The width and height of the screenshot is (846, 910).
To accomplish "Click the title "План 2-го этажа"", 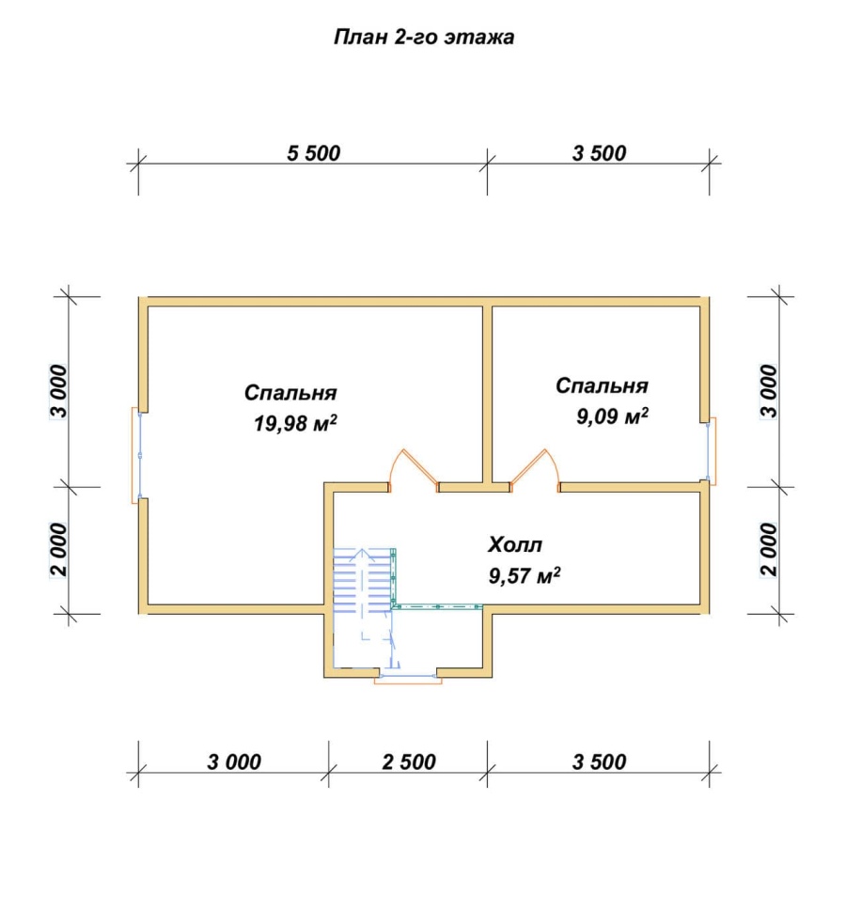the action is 424,38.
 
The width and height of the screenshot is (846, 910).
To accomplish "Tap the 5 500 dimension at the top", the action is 313,153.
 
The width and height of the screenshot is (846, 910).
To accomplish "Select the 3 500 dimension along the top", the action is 599,153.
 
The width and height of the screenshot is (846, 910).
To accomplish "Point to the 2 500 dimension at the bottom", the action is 409,762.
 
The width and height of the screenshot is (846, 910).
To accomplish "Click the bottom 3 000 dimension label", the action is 234,762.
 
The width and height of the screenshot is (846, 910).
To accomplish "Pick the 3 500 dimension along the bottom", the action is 599,762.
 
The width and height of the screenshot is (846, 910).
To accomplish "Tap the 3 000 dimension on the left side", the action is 59,391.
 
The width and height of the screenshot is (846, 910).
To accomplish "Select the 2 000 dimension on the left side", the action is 59,549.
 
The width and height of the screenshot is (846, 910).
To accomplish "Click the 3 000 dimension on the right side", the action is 768,391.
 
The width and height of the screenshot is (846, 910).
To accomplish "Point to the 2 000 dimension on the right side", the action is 768,549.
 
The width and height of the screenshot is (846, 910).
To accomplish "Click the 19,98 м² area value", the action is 295,424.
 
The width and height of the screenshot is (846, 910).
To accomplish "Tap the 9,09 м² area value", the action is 612,416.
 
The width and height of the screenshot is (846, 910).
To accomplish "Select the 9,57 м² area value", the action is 524,575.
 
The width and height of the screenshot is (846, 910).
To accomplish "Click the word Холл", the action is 515,545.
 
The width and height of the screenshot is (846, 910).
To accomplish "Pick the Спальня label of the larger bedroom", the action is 290,393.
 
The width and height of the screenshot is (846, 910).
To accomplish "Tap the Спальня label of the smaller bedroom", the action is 602,385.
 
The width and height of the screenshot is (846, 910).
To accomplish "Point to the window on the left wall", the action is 137,456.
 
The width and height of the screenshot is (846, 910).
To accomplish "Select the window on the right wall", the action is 711,451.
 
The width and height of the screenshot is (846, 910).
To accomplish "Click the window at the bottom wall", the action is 407,678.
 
